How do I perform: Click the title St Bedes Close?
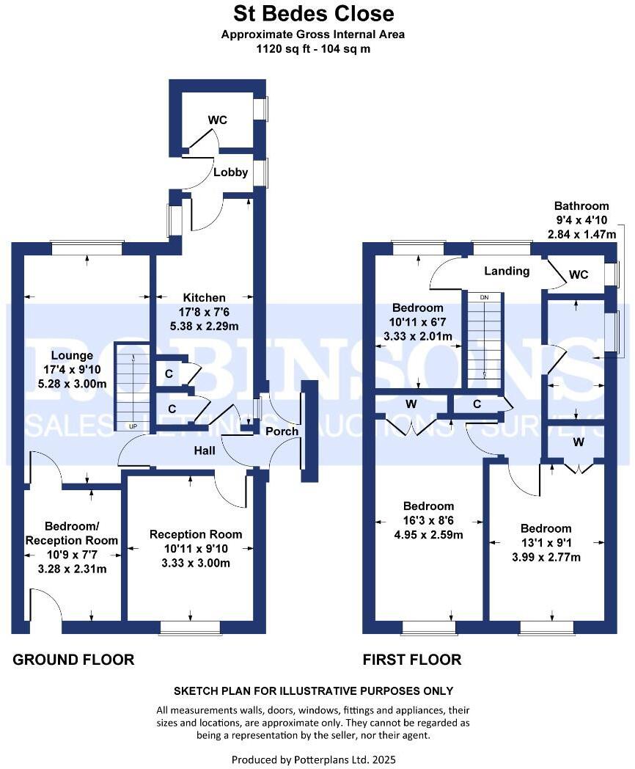click(x=313, y=13)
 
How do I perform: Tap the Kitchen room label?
click(x=204, y=298)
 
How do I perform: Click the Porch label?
click(x=282, y=431)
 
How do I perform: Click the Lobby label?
click(x=230, y=173)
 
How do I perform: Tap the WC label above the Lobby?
click(x=218, y=120)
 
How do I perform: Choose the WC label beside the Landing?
click(x=579, y=275)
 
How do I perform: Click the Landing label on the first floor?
click(x=507, y=271)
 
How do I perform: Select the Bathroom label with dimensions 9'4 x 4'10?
click(x=581, y=206)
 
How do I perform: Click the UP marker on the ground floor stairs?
click(x=133, y=426)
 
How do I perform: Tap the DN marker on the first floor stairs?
click(x=483, y=297)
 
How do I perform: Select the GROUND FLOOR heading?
click(x=73, y=660)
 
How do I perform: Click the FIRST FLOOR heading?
click(x=412, y=660)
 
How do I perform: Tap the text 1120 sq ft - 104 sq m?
click(x=313, y=49)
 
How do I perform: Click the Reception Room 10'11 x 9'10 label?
click(x=195, y=535)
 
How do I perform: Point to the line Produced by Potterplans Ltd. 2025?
click(x=313, y=759)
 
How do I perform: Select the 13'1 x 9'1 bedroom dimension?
click(x=546, y=543)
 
